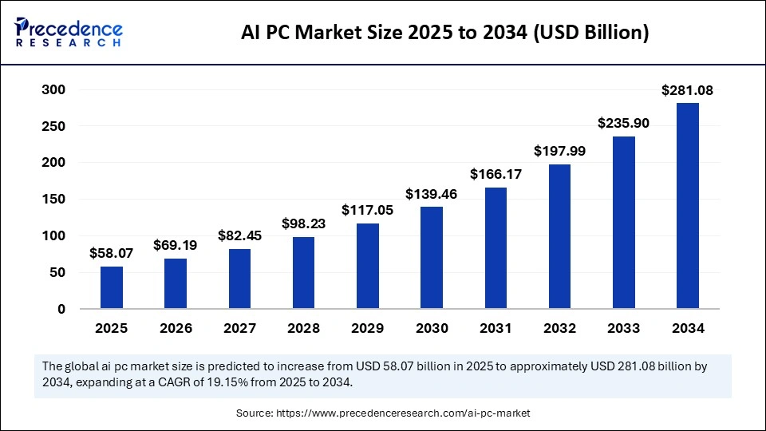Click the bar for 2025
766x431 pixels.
click(x=112, y=287)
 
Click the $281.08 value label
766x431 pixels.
click(x=687, y=91)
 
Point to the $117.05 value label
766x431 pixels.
click(x=368, y=210)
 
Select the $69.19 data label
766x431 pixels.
click(x=176, y=245)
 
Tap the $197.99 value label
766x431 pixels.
click(x=559, y=151)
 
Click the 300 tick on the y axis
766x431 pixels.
click(x=53, y=90)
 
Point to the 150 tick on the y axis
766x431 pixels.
click(x=53, y=200)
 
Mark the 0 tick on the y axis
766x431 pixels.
click(x=61, y=309)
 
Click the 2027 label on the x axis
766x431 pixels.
click(x=239, y=328)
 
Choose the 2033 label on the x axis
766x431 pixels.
click(x=624, y=328)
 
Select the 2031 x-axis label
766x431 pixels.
click(x=496, y=328)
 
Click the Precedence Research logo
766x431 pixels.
click(x=69, y=32)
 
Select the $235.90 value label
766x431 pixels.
click(x=623, y=124)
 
